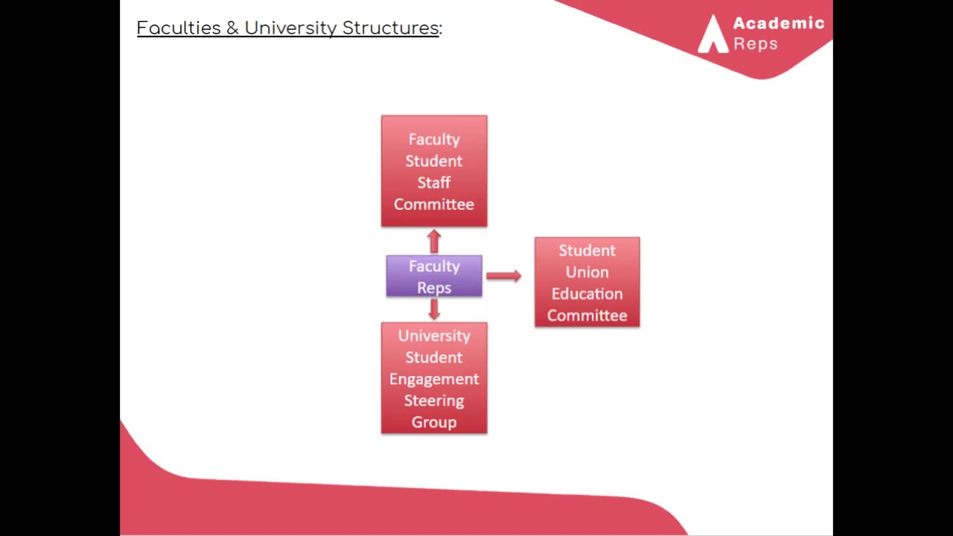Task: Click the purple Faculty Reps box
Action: (x=434, y=276)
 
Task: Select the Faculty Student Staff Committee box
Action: (x=434, y=171)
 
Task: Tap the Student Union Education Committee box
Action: (x=587, y=282)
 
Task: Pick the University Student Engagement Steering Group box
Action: (x=434, y=378)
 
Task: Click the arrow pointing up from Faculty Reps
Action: (x=434, y=241)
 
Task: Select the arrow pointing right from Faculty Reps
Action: (x=504, y=276)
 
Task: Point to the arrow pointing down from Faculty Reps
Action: (x=434, y=309)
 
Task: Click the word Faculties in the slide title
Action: (x=179, y=28)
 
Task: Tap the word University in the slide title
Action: (x=290, y=28)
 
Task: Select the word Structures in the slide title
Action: (x=390, y=28)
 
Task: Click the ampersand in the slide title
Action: (x=233, y=28)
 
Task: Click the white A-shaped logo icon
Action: (x=713, y=34)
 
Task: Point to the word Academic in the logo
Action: (x=779, y=23)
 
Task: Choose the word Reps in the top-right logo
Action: (x=756, y=44)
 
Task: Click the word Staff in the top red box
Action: (x=434, y=182)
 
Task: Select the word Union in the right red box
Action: (x=587, y=272)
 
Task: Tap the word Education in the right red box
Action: (x=587, y=293)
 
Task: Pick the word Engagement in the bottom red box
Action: (x=434, y=379)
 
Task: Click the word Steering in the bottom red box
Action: (x=434, y=401)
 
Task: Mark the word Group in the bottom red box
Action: (x=434, y=422)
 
